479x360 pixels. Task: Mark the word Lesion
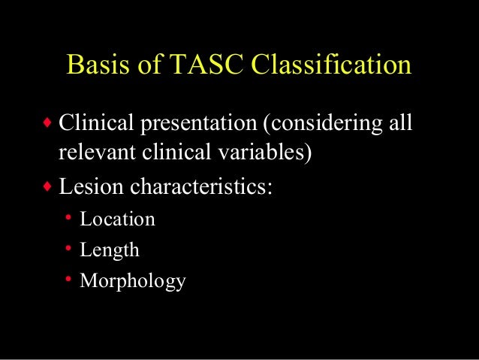pyautogui.click(x=85, y=185)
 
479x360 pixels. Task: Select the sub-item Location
pyautogui.click(x=117, y=219)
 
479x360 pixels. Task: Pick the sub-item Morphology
pyautogui.click(x=132, y=282)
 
